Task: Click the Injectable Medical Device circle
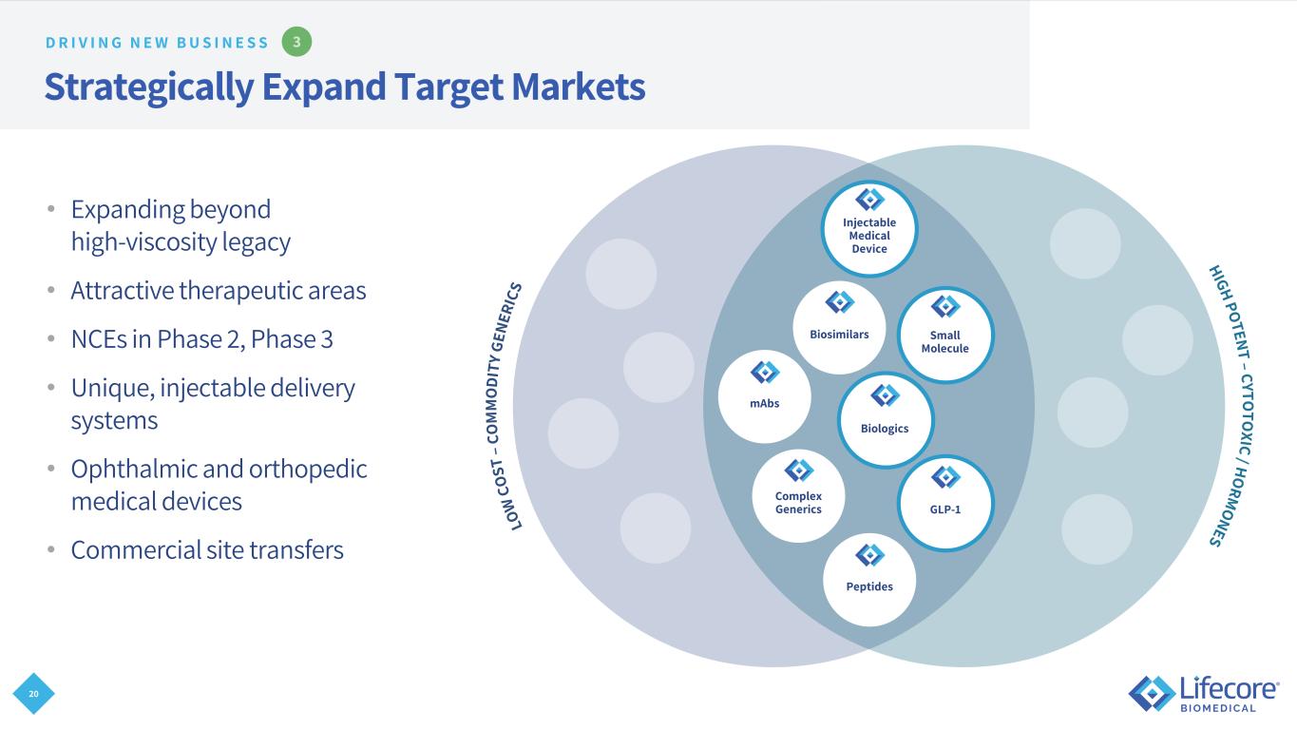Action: click(x=869, y=228)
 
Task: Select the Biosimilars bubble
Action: click(x=839, y=328)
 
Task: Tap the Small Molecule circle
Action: click(x=944, y=335)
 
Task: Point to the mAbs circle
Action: click(x=765, y=396)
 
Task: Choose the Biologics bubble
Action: click(x=885, y=419)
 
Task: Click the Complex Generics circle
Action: click(x=798, y=495)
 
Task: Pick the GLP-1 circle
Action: click(x=945, y=503)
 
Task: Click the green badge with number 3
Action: click(x=297, y=42)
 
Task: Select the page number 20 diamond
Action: click(x=34, y=695)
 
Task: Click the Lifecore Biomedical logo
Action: click(x=1204, y=693)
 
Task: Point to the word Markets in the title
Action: click(x=578, y=87)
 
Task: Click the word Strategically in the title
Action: click(x=148, y=87)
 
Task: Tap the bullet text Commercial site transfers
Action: click(x=207, y=549)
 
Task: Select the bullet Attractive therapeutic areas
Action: click(x=218, y=290)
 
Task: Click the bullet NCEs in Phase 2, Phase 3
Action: click(x=201, y=339)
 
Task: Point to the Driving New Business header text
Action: click(x=157, y=42)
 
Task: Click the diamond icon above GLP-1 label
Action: click(x=945, y=476)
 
